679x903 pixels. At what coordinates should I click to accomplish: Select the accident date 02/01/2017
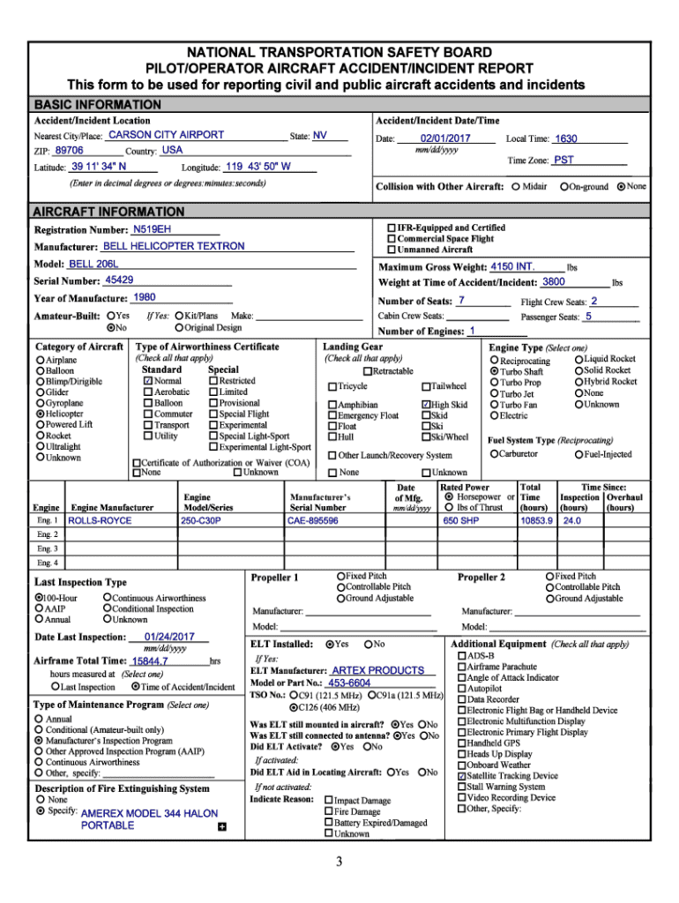point(445,139)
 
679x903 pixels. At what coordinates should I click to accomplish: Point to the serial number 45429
point(119,280)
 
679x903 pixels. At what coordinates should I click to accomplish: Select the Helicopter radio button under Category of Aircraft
point(40,413)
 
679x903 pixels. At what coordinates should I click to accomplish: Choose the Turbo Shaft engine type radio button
point(494,372)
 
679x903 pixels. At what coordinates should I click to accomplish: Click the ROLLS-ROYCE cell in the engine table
point(101,521)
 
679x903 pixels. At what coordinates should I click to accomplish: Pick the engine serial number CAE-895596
point(313,521)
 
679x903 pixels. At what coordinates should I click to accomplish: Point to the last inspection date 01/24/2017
point(169,637)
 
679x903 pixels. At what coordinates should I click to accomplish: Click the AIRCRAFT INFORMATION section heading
point(108,213)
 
